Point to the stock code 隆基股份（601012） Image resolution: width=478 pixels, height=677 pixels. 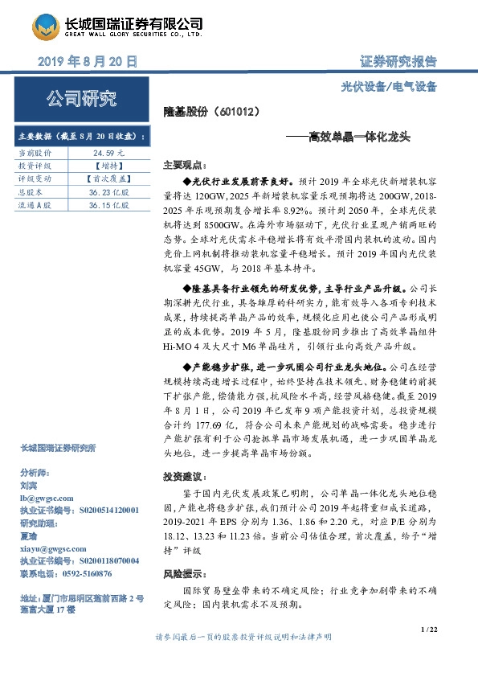point(210,114)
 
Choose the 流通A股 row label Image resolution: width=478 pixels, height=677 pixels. point(36,205)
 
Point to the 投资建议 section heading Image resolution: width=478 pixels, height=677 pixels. point(181,476)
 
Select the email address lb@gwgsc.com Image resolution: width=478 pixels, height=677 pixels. point(47,499)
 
